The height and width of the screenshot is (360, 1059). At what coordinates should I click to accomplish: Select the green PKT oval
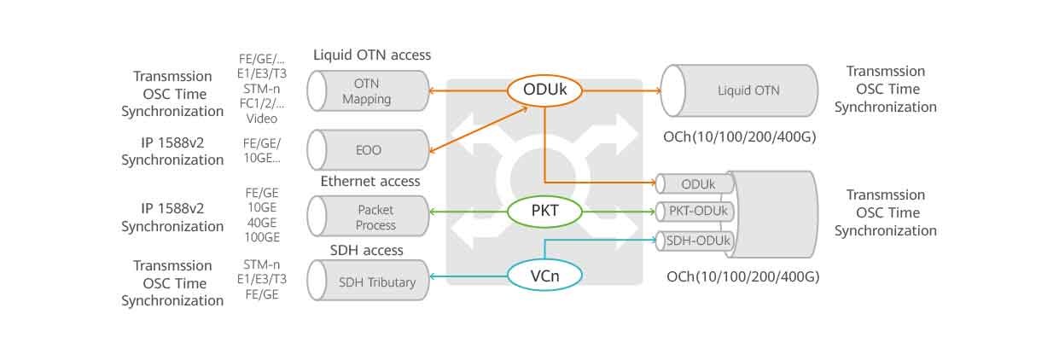coord(544,211)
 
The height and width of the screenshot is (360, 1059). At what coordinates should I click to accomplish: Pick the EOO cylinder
coord(369,150)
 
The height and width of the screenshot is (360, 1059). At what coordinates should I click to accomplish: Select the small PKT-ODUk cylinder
coord(696,212)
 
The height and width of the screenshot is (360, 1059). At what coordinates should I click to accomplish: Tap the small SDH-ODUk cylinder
coord(696,241)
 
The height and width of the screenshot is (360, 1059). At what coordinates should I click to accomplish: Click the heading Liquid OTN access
coord(372,55)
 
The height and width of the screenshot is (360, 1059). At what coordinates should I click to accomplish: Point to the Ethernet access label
coord(370,181)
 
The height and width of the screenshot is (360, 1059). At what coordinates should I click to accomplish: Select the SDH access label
coord(367,250)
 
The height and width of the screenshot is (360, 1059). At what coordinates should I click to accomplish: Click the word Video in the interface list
coord(262,119)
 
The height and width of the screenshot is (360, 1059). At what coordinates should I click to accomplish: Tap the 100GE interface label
coord(262,237)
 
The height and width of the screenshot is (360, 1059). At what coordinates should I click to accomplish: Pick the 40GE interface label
coord(262,223)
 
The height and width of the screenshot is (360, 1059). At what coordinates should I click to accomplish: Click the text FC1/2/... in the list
coord(262,104)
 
